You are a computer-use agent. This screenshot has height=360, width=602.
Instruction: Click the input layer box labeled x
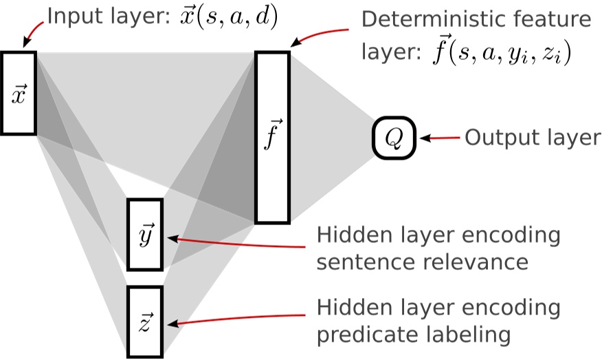(19, 93)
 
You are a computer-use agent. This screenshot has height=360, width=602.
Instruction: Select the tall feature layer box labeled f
(272, 138)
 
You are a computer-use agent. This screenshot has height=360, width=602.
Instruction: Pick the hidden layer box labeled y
(146, 235)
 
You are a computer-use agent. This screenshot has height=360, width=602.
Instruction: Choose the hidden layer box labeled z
(146, 321)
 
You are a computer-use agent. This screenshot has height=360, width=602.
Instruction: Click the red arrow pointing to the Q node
(440, 138)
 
